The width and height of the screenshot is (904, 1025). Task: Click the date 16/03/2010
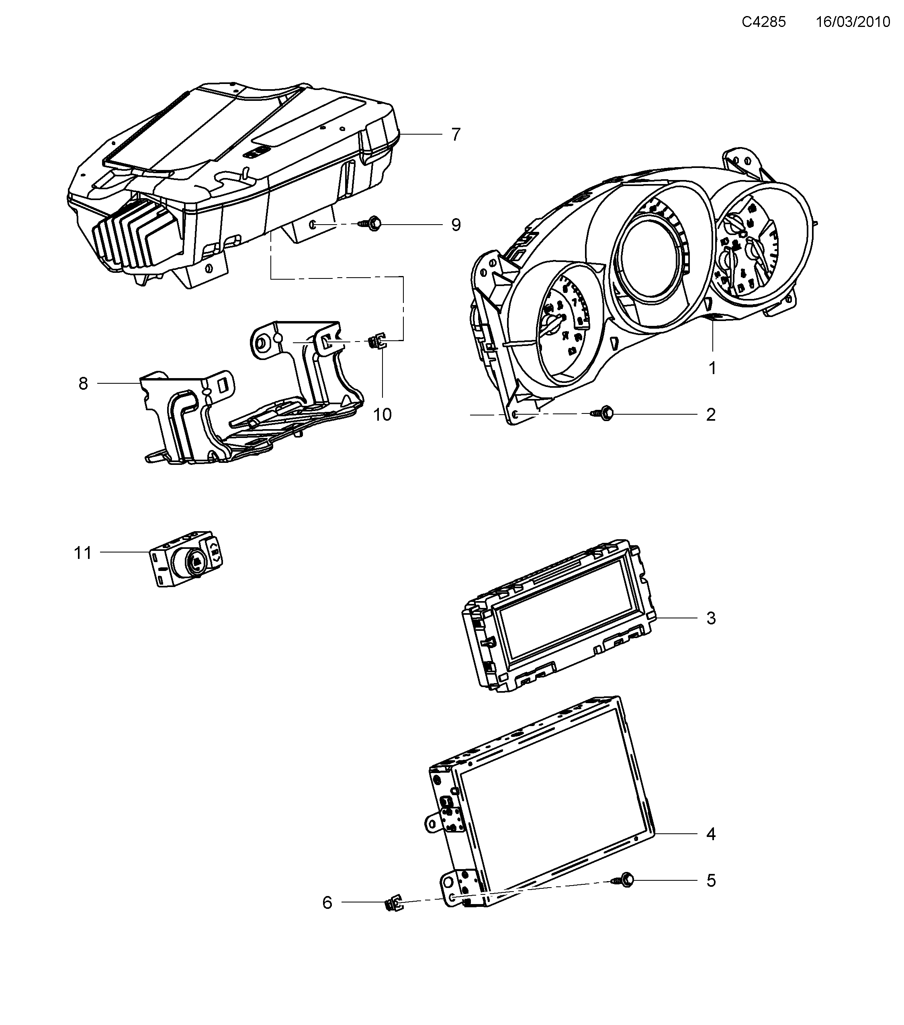click(853, 22)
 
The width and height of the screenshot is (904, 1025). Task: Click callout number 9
click(455, 225)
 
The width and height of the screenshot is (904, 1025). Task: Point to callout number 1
click(712, 368)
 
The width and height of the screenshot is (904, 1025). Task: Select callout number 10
click(382, 414)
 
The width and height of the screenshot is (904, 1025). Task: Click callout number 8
click(83, 383)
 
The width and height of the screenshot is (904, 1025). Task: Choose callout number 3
click(710, 618)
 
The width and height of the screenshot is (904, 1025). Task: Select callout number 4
click(710, 834)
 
